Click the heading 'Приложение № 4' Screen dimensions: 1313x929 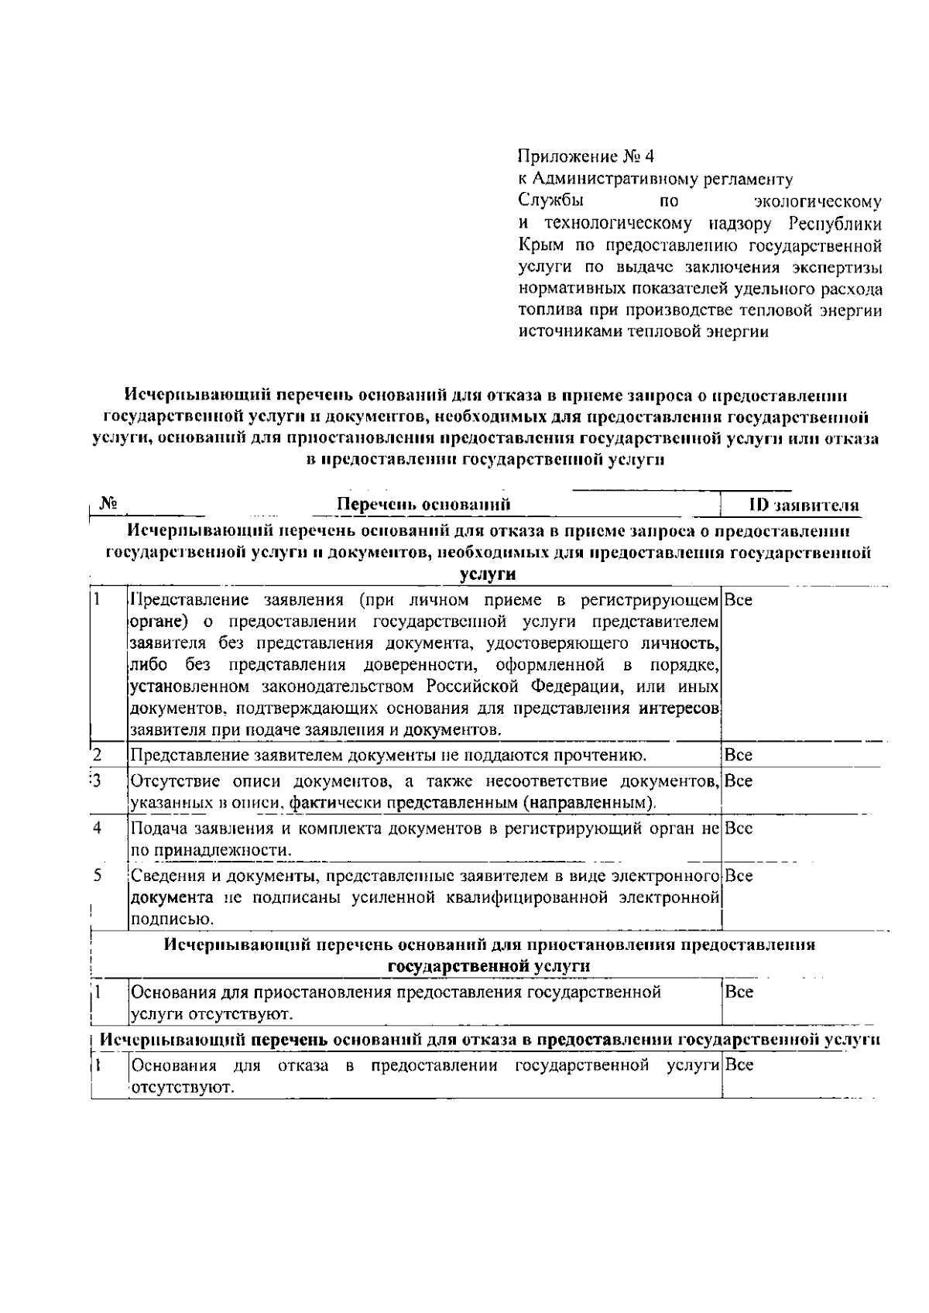coord(586,157)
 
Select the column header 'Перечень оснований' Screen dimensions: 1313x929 coord(423,506)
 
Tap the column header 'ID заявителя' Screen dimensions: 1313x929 coord(804,506)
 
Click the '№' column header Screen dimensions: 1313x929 coord(108,505)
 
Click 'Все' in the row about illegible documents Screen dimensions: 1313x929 coord(739,755)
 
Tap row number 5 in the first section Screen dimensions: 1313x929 coord(98,876)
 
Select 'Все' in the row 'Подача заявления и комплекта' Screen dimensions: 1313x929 coord(739,828)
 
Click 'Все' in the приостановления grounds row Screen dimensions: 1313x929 coord(739,992)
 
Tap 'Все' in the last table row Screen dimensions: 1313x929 coord(739,1065)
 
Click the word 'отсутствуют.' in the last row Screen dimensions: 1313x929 coord(183,1088)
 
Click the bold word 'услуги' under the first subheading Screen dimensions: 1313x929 coord(487,575)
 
